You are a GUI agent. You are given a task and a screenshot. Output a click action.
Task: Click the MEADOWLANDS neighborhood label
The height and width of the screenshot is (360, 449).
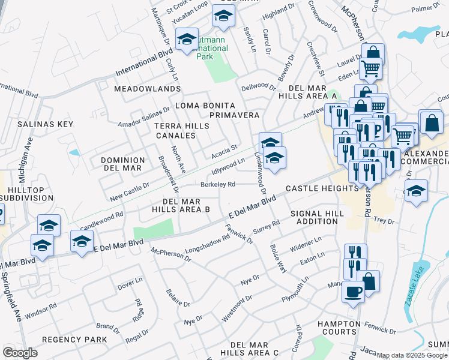[138, 89]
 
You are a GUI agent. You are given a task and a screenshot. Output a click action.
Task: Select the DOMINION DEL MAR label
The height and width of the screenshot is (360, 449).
[122, 164]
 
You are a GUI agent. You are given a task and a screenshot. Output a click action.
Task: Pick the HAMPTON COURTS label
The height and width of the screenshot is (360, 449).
[339, 328]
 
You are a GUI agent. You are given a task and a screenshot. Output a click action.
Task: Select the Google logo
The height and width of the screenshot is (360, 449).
[20, 353]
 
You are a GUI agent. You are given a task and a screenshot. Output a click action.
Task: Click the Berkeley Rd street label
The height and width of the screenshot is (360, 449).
[217, 184]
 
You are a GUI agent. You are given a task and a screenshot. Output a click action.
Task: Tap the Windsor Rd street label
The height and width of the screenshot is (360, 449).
[41, 310]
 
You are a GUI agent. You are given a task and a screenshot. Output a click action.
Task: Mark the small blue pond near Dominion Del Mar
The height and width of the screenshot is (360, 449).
[74, 152]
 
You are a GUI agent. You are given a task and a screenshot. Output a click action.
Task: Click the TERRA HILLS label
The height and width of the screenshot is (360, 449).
[181, 126]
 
